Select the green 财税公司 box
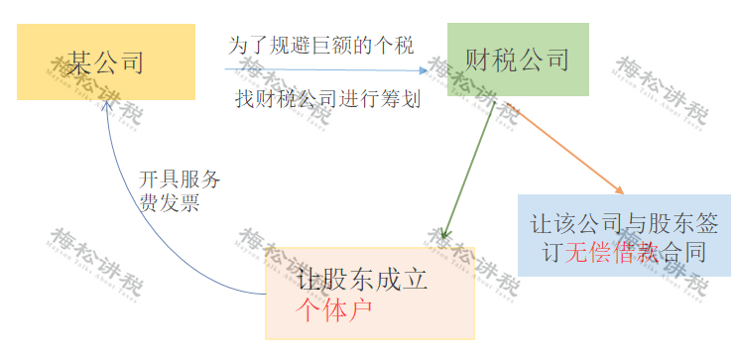coord(517,60)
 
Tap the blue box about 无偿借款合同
coord(624,236)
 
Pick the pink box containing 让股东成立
coord(369,293)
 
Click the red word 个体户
coord(333,308)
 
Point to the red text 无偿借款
coord(612,252)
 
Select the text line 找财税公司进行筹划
coord(328,99)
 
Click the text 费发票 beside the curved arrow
coord(170,204)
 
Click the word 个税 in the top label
coord(395,46)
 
